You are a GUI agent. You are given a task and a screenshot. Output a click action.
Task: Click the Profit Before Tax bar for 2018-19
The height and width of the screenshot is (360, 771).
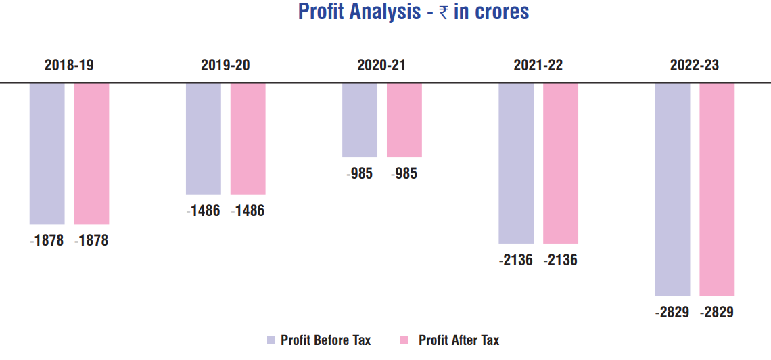(x=47, y=153)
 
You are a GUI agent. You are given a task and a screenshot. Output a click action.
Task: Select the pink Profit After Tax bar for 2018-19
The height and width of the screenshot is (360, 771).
(x=91, y=153)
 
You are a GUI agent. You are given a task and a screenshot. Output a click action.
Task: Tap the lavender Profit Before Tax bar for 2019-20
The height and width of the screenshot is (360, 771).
(x=204, y=139)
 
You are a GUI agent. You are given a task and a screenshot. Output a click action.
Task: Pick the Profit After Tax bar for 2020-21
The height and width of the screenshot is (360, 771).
(x=404, y=120)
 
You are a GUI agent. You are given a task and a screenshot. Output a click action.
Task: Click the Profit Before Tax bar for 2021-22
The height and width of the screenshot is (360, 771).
(x=516, y=163)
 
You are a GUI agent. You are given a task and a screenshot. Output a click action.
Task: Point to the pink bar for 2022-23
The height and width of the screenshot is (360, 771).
(x=717, y=189)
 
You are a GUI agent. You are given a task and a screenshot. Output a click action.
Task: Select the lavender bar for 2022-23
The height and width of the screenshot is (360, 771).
(x=672, y=189)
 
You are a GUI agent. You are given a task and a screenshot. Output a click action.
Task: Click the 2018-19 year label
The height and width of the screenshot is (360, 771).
(x=69, y=66)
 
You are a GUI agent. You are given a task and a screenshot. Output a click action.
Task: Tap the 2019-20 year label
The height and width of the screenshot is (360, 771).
(x=225, y=66)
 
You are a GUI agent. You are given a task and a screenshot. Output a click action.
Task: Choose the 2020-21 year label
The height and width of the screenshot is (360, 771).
(x=381, y=66)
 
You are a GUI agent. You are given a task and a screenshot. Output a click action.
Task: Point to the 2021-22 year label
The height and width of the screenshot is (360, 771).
(x=538, y=66)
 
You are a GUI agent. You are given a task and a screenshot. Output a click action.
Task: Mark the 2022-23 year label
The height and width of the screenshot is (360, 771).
(x=695, y=66)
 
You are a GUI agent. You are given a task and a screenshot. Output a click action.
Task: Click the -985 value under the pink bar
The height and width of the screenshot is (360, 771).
(x=404, y=174)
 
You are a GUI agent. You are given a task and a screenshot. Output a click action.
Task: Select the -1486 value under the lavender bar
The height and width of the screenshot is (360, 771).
(x=203, y=211)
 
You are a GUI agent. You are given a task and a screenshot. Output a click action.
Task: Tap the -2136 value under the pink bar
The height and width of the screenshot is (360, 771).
(x=560, y=260)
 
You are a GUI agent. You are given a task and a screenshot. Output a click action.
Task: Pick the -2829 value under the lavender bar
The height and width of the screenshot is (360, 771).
(x=672, y=313)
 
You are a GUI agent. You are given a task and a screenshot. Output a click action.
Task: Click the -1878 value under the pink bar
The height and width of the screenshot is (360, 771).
(x=91, y=241)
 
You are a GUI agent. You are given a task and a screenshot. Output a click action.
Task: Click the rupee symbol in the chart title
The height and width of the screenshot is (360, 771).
(x=444, y=13)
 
